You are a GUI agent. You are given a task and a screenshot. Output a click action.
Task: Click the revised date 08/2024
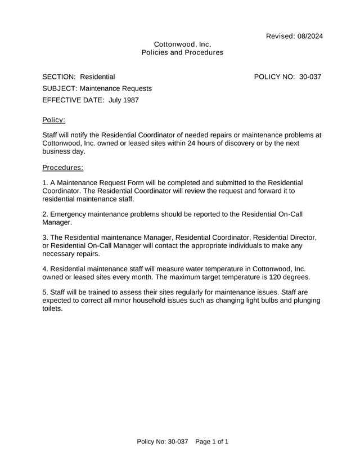click(308, 37)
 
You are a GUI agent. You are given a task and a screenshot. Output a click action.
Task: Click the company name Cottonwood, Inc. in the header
click(182, 44)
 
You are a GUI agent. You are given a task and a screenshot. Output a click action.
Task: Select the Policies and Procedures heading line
click(182, 52)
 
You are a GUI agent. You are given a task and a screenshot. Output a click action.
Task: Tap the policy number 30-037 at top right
click(310, 77)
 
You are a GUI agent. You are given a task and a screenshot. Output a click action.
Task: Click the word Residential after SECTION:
click(97, 77)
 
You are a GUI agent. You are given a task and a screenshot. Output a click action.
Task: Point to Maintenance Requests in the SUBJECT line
click(115, 88)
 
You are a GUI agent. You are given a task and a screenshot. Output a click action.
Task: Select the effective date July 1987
click(123, 100)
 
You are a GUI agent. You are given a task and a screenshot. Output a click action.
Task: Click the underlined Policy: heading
click(54, 120)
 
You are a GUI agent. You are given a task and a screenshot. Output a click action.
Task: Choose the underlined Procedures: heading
click(63, 167)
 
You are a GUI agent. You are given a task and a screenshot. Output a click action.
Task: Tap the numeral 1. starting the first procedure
click(45, 183)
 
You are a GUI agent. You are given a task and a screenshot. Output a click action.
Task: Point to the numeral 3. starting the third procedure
click(45, 238)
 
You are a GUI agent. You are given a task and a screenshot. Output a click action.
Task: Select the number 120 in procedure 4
click(268, 277)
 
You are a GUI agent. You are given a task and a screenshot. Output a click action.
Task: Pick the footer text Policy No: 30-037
click(162, 442)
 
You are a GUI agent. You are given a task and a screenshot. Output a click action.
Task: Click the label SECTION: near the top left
click(59, 77)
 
